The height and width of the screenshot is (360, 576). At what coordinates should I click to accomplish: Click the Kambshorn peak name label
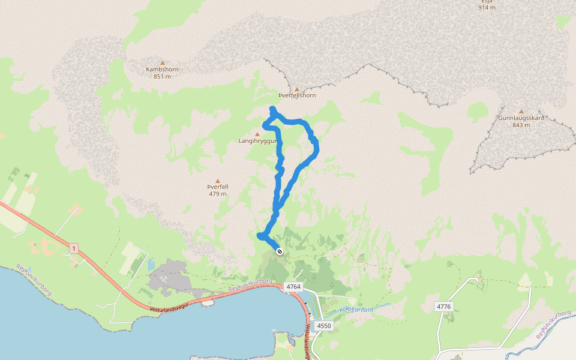click(x=162, y=69)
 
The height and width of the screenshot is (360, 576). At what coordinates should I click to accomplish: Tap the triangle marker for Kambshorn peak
click(x=162, y=62)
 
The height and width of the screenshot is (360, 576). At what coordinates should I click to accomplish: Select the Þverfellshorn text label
click(x=297, y=95)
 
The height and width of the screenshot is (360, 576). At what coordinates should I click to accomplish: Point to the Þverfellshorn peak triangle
click(x=296, y=89)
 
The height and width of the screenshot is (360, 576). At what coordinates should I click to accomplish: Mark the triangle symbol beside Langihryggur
click(x=257, y=134)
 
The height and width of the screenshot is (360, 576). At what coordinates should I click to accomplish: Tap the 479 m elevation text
click(x=218, y=194)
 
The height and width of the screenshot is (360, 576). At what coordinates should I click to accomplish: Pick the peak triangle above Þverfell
click(x=218, y=181)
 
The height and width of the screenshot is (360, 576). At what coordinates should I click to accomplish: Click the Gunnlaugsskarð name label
click(x=521, y=118)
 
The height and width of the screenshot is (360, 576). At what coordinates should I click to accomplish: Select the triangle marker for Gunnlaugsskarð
click(x=521, y=111)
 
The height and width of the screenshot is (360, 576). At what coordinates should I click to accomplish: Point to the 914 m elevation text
click(x=487, y=7)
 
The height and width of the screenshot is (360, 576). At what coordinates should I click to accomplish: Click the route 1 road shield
click(x=73, y=248)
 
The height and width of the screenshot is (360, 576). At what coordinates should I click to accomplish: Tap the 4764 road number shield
click(x=293, y=287)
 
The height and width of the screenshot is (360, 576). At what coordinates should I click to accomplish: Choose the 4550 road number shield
click(x=323, y=326)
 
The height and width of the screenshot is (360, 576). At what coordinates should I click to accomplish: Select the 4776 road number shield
click(x=443, y=307)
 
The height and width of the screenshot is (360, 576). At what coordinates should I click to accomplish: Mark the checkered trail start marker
click(x=280, y=251)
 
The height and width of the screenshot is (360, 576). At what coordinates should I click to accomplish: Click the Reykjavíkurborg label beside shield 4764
click(x=250, y=285)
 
